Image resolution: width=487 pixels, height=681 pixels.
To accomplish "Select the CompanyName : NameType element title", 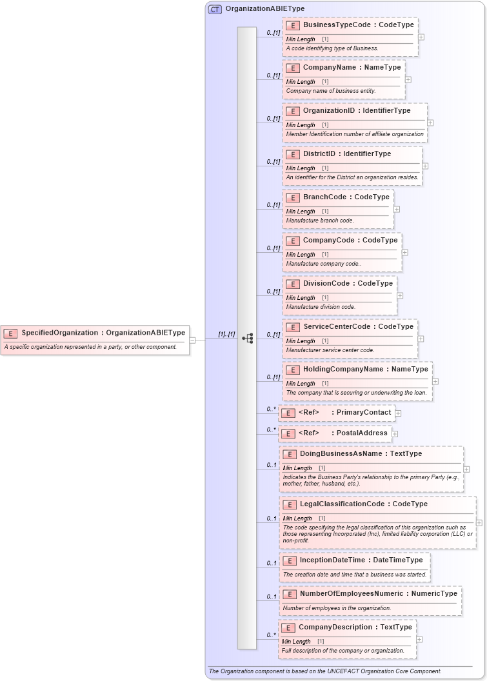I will [x=352, y=67].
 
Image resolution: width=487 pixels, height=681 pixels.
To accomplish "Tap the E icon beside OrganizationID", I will [x=292, y=111].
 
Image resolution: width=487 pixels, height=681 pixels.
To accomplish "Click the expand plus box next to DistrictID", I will [x=425, y=166].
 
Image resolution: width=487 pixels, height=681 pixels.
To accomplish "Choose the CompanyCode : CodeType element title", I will [x=350, y=241].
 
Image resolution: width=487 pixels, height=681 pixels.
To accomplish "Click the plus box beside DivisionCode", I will [x=400, y=295].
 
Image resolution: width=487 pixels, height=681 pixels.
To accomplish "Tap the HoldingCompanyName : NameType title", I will [x=365, y=370].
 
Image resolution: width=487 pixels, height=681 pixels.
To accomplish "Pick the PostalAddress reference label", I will [x=362, y=433].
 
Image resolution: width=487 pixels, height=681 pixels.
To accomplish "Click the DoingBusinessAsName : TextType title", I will [x=361, y=454].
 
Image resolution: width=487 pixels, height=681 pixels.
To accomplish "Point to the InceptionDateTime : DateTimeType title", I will [x=361, y=560].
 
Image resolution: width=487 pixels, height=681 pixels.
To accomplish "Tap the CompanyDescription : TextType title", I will [x=355, y=627].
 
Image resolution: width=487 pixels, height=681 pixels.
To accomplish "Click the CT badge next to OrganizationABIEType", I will [x=215, y=9].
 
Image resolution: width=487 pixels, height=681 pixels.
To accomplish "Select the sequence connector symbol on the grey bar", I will [x=247, y=338].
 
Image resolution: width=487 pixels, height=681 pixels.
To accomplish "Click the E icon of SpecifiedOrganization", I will [x=10, y=333].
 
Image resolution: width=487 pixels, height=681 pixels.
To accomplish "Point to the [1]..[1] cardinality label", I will [x=226, y=334].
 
